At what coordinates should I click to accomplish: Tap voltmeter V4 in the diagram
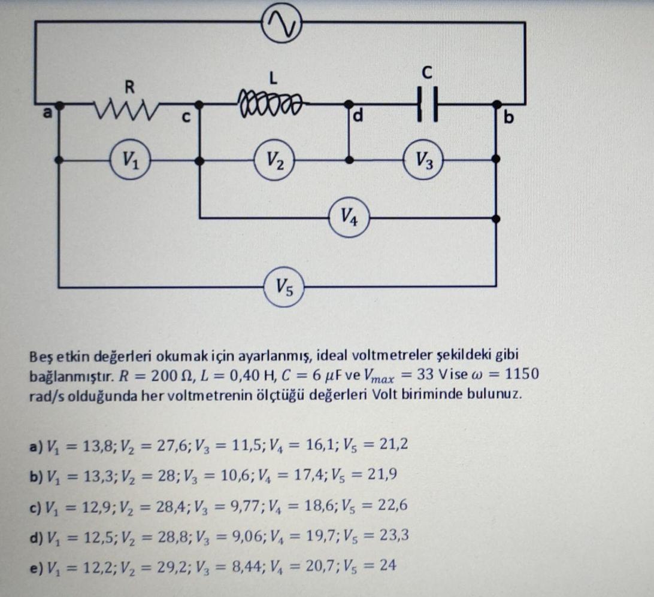(349, 217)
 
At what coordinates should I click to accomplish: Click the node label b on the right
(509, 117)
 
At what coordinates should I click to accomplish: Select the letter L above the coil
(273, 77)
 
